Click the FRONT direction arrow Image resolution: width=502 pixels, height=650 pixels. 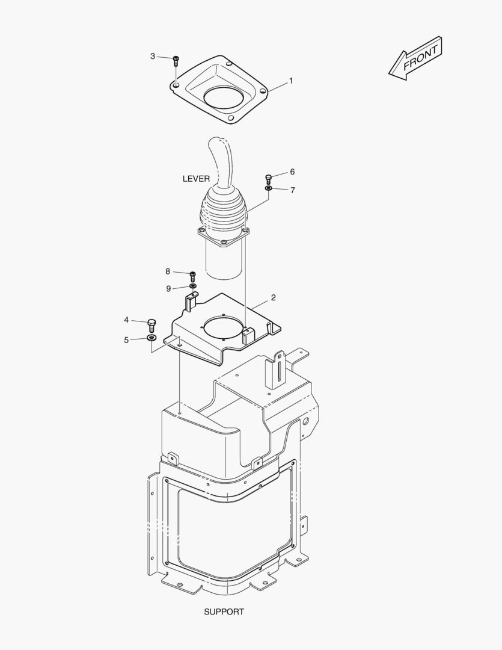(x=415, y=58)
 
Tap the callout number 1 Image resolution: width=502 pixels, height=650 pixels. (x=291, y=81)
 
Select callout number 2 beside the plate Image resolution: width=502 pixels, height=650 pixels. (x=274, y=298)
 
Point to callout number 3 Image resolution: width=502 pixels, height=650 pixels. (x=153, y=56)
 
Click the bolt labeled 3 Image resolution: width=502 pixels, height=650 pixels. (x=176, y=61)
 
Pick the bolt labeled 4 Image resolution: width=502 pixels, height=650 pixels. (x=152, y=326)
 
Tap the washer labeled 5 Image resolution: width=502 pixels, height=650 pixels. (x=152, y=338)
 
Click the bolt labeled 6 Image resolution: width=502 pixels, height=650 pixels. (x=268, y=179)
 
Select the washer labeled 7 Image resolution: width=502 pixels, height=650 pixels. (x=268, y=188)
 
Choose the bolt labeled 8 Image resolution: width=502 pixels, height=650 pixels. (x=192, y=276)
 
